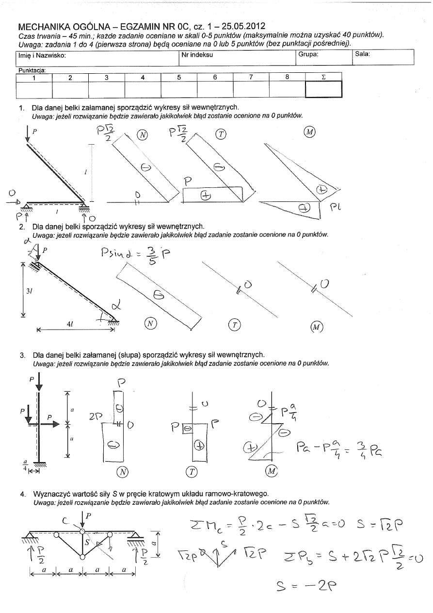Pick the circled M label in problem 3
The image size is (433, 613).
click(272, 471)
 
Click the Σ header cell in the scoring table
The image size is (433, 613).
click(323, 77)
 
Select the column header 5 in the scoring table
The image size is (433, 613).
click(179, 77)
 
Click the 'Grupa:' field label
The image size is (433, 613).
click(308, 54)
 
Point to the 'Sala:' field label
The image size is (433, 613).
click(363, 54)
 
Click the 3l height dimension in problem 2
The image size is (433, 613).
click(28, 291)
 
